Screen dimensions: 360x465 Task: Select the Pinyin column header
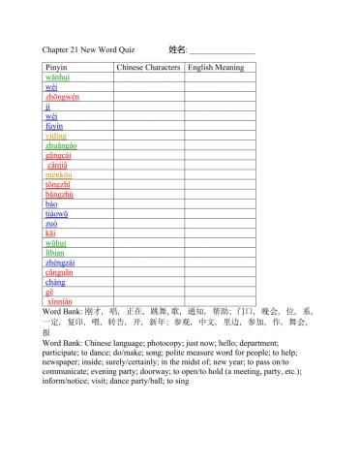coord(57,68)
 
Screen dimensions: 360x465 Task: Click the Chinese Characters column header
coord(149,68)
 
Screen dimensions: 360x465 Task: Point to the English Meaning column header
coord(216,68)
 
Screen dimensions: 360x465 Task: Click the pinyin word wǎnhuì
coord(58,77)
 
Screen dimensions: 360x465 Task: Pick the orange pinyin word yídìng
coord(56,136)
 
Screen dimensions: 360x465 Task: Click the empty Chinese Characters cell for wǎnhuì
coord(149,77)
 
